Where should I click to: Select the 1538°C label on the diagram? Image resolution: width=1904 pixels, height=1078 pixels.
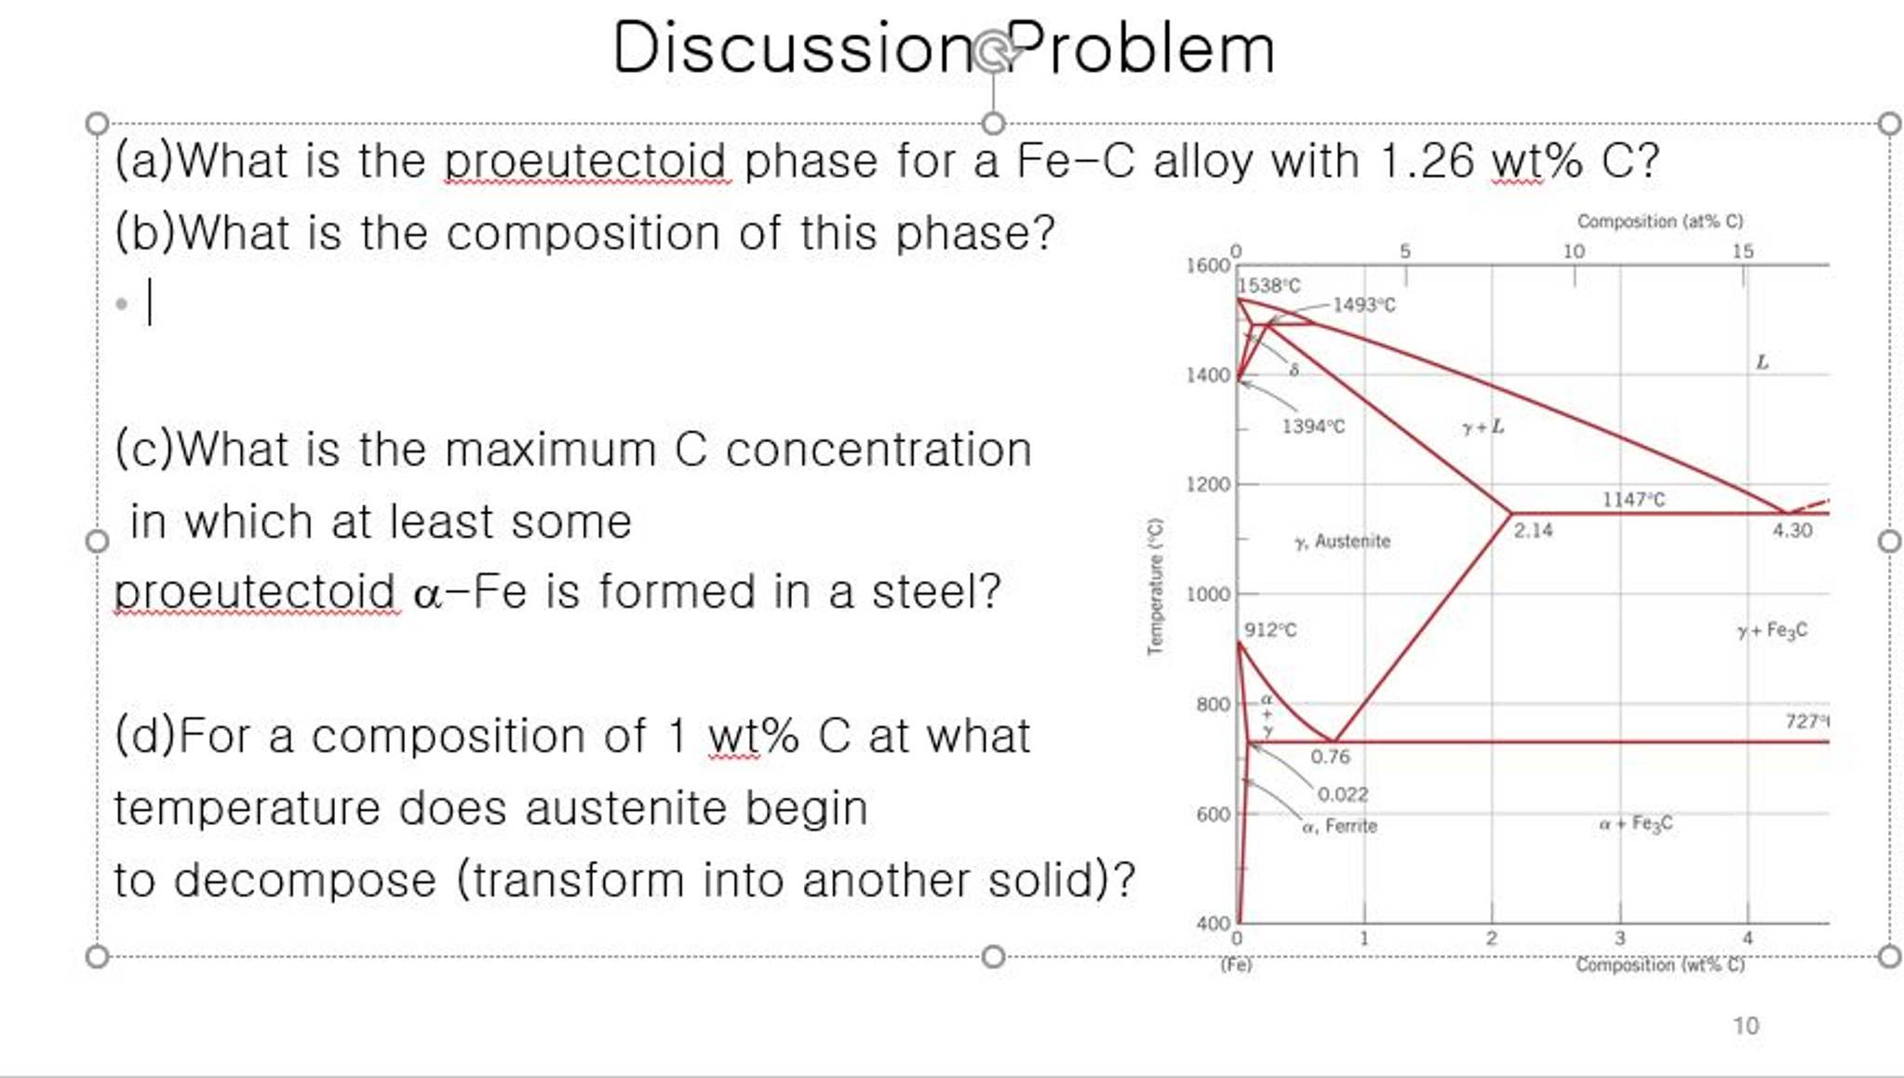coord(1269,286)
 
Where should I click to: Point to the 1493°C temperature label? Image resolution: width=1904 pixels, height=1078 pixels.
coord(1364,305)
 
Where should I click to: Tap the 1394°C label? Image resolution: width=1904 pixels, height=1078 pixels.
coord(1313,426)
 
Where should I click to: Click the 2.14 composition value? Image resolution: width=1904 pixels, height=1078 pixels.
coord(1533,531)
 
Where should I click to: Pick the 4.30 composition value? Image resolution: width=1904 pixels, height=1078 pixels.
coord(1791,531)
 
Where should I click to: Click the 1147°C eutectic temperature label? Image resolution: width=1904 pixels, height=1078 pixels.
coord(1633,500)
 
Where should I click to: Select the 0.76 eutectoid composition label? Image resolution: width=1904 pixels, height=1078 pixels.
coord(1330,757)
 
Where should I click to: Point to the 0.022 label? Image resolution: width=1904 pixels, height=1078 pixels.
coord(1343,794)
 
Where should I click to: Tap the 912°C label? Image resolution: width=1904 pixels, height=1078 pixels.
coord(1270,630)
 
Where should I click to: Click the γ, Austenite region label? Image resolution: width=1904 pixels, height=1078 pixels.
coord(1342,542)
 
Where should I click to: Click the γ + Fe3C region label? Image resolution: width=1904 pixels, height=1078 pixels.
coord(1772,631)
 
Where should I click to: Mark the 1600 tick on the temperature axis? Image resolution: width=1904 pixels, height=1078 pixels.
coord(1207,265)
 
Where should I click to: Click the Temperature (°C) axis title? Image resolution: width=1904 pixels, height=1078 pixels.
coord(1155,586)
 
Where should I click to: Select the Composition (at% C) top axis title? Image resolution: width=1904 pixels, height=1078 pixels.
coord(1659,222)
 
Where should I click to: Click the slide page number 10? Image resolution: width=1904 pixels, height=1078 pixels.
coord(1745,1026)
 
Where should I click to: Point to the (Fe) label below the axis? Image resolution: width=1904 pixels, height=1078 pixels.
coord(1236,964)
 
